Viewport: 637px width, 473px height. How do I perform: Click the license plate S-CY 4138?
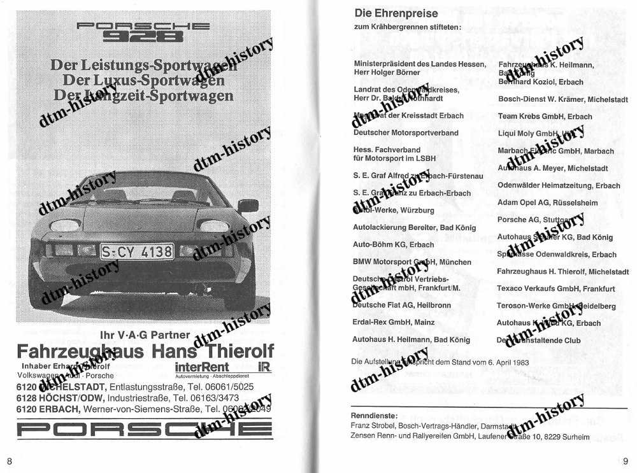click(137, 251)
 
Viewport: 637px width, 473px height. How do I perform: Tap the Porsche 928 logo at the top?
click(143, 31)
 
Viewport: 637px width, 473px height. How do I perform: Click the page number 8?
click(10, 460)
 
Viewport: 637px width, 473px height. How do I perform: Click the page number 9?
click(626, 460)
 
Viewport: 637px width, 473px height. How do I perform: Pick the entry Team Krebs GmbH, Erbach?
click(545, 116)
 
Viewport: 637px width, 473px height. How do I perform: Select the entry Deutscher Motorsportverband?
click(406, 133)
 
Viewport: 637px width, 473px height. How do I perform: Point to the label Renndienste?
click(375, 415)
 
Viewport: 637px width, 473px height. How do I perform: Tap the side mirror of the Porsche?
click(248, 206)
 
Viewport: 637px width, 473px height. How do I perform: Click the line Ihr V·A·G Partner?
click(145, 335)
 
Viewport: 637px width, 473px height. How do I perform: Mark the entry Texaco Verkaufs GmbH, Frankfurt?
click(555, 288)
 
